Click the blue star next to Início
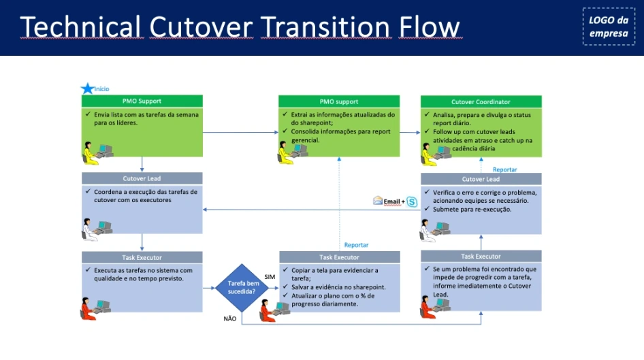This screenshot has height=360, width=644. tap(87, 88)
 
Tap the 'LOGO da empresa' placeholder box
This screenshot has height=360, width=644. tap(609, 27)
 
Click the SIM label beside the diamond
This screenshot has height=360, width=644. tap(270, 277)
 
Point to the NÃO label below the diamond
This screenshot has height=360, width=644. tap(230, 318)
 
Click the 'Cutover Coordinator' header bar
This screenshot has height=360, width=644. tap(481, 102)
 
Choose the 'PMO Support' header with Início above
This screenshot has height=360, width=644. tap(142, 101)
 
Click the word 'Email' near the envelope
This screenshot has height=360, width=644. tap(392, 201)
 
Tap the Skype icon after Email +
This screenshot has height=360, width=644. tap(411, 201)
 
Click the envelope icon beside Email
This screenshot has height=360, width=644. tap(378, 201)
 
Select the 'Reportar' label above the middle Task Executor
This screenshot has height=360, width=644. tap(356, 245)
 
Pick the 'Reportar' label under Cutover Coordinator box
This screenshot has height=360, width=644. tap(504, 169)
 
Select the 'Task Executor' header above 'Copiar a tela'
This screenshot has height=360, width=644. tap(339, 257)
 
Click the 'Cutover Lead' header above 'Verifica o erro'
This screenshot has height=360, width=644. tap(481, 179)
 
